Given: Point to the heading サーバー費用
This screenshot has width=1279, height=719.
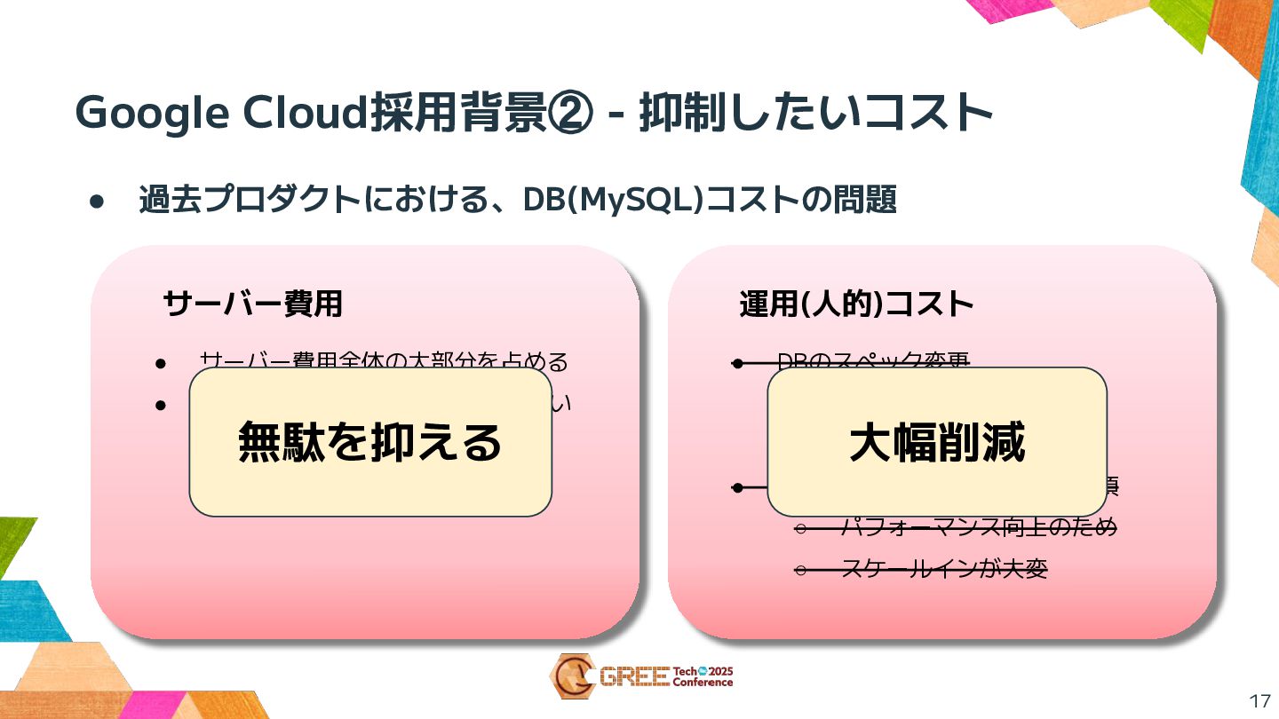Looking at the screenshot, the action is [x=252, y=304].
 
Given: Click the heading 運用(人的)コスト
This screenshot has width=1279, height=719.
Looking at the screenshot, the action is [x=856, y=304].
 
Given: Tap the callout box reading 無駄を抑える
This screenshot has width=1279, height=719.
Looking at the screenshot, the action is [x=370, y=441].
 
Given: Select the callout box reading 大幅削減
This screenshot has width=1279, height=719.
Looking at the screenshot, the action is [x=937, y=441].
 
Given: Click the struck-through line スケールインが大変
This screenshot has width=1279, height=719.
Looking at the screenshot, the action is [x=943, y=568].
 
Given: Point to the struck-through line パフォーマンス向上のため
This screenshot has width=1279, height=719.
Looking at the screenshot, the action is [x=977, y=527].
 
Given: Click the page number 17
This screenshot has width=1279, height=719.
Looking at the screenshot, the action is [x=1259, y=700].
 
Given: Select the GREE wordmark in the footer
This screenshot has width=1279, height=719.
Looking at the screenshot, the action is [x=634, y=677].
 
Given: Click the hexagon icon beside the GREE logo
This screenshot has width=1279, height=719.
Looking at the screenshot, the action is [x=572, y=676].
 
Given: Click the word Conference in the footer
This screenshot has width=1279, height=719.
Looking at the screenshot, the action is [x=703, y=683].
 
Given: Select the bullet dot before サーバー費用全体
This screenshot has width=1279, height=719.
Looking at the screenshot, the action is [x=161, y=363].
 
